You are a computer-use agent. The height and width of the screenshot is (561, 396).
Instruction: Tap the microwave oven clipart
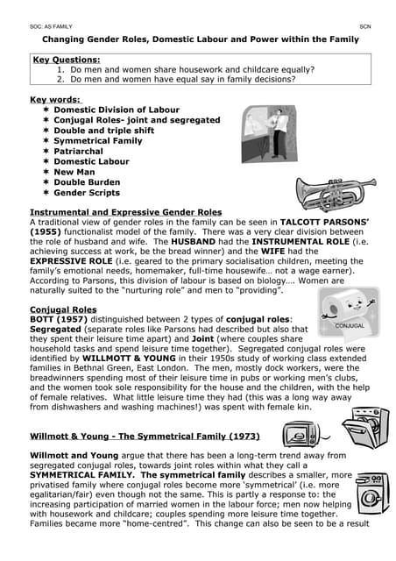coord(301,433)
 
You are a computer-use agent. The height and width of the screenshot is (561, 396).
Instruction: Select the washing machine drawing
coord(369,494)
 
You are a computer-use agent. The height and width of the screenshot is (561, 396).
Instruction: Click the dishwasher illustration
coord(364,430)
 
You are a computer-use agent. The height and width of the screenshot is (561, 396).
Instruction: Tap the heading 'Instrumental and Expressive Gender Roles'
coord(126,212)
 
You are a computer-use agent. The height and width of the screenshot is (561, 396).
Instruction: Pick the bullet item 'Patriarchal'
coord(78,151)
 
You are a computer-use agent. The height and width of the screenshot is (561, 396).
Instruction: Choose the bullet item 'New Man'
coord(74,172)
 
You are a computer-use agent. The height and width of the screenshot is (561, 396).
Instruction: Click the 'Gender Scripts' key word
coord(87,193)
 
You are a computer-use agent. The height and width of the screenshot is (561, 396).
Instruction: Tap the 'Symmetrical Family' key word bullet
coord(97,140)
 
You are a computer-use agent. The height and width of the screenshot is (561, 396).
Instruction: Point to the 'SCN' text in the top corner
coord(366,28)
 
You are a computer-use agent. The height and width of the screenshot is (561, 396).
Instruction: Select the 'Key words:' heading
coord(55,100)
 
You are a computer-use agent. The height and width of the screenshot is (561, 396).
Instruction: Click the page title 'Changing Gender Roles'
coord(201,39)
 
